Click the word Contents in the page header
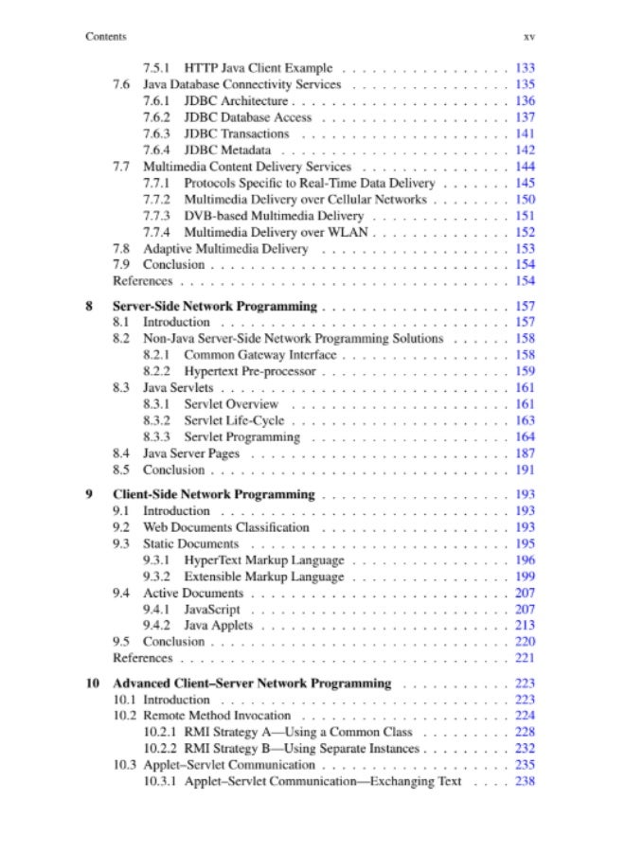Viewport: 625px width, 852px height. (105, 37)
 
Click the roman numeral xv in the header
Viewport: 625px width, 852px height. (529, 37)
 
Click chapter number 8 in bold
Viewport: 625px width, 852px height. (89, 306)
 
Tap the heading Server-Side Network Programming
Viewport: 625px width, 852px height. (215, 306)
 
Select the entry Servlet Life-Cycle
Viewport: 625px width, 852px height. (234, 420)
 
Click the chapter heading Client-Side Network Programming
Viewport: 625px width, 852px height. (213, 494)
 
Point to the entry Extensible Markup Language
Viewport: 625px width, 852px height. (264, 577)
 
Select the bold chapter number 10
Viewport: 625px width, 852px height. (92, 683)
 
